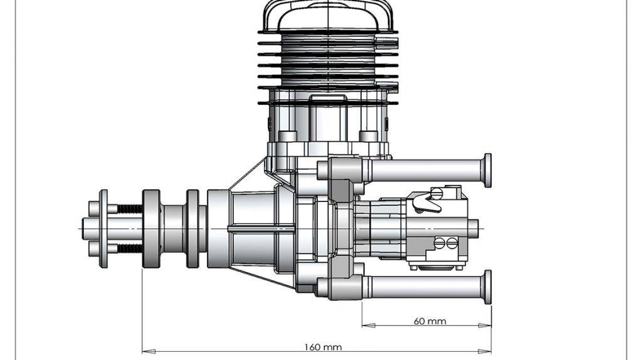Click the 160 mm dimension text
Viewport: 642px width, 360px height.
click(323, 346)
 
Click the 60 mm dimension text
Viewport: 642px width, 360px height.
click(430, 321)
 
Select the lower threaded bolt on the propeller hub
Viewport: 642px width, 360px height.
click(129, 248)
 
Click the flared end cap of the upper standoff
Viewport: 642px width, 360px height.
click(487, 170)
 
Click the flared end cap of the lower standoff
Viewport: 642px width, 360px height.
click(487, 287)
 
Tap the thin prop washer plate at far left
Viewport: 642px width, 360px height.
click(103, 228)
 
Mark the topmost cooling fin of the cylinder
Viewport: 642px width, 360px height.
click(327, 32)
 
